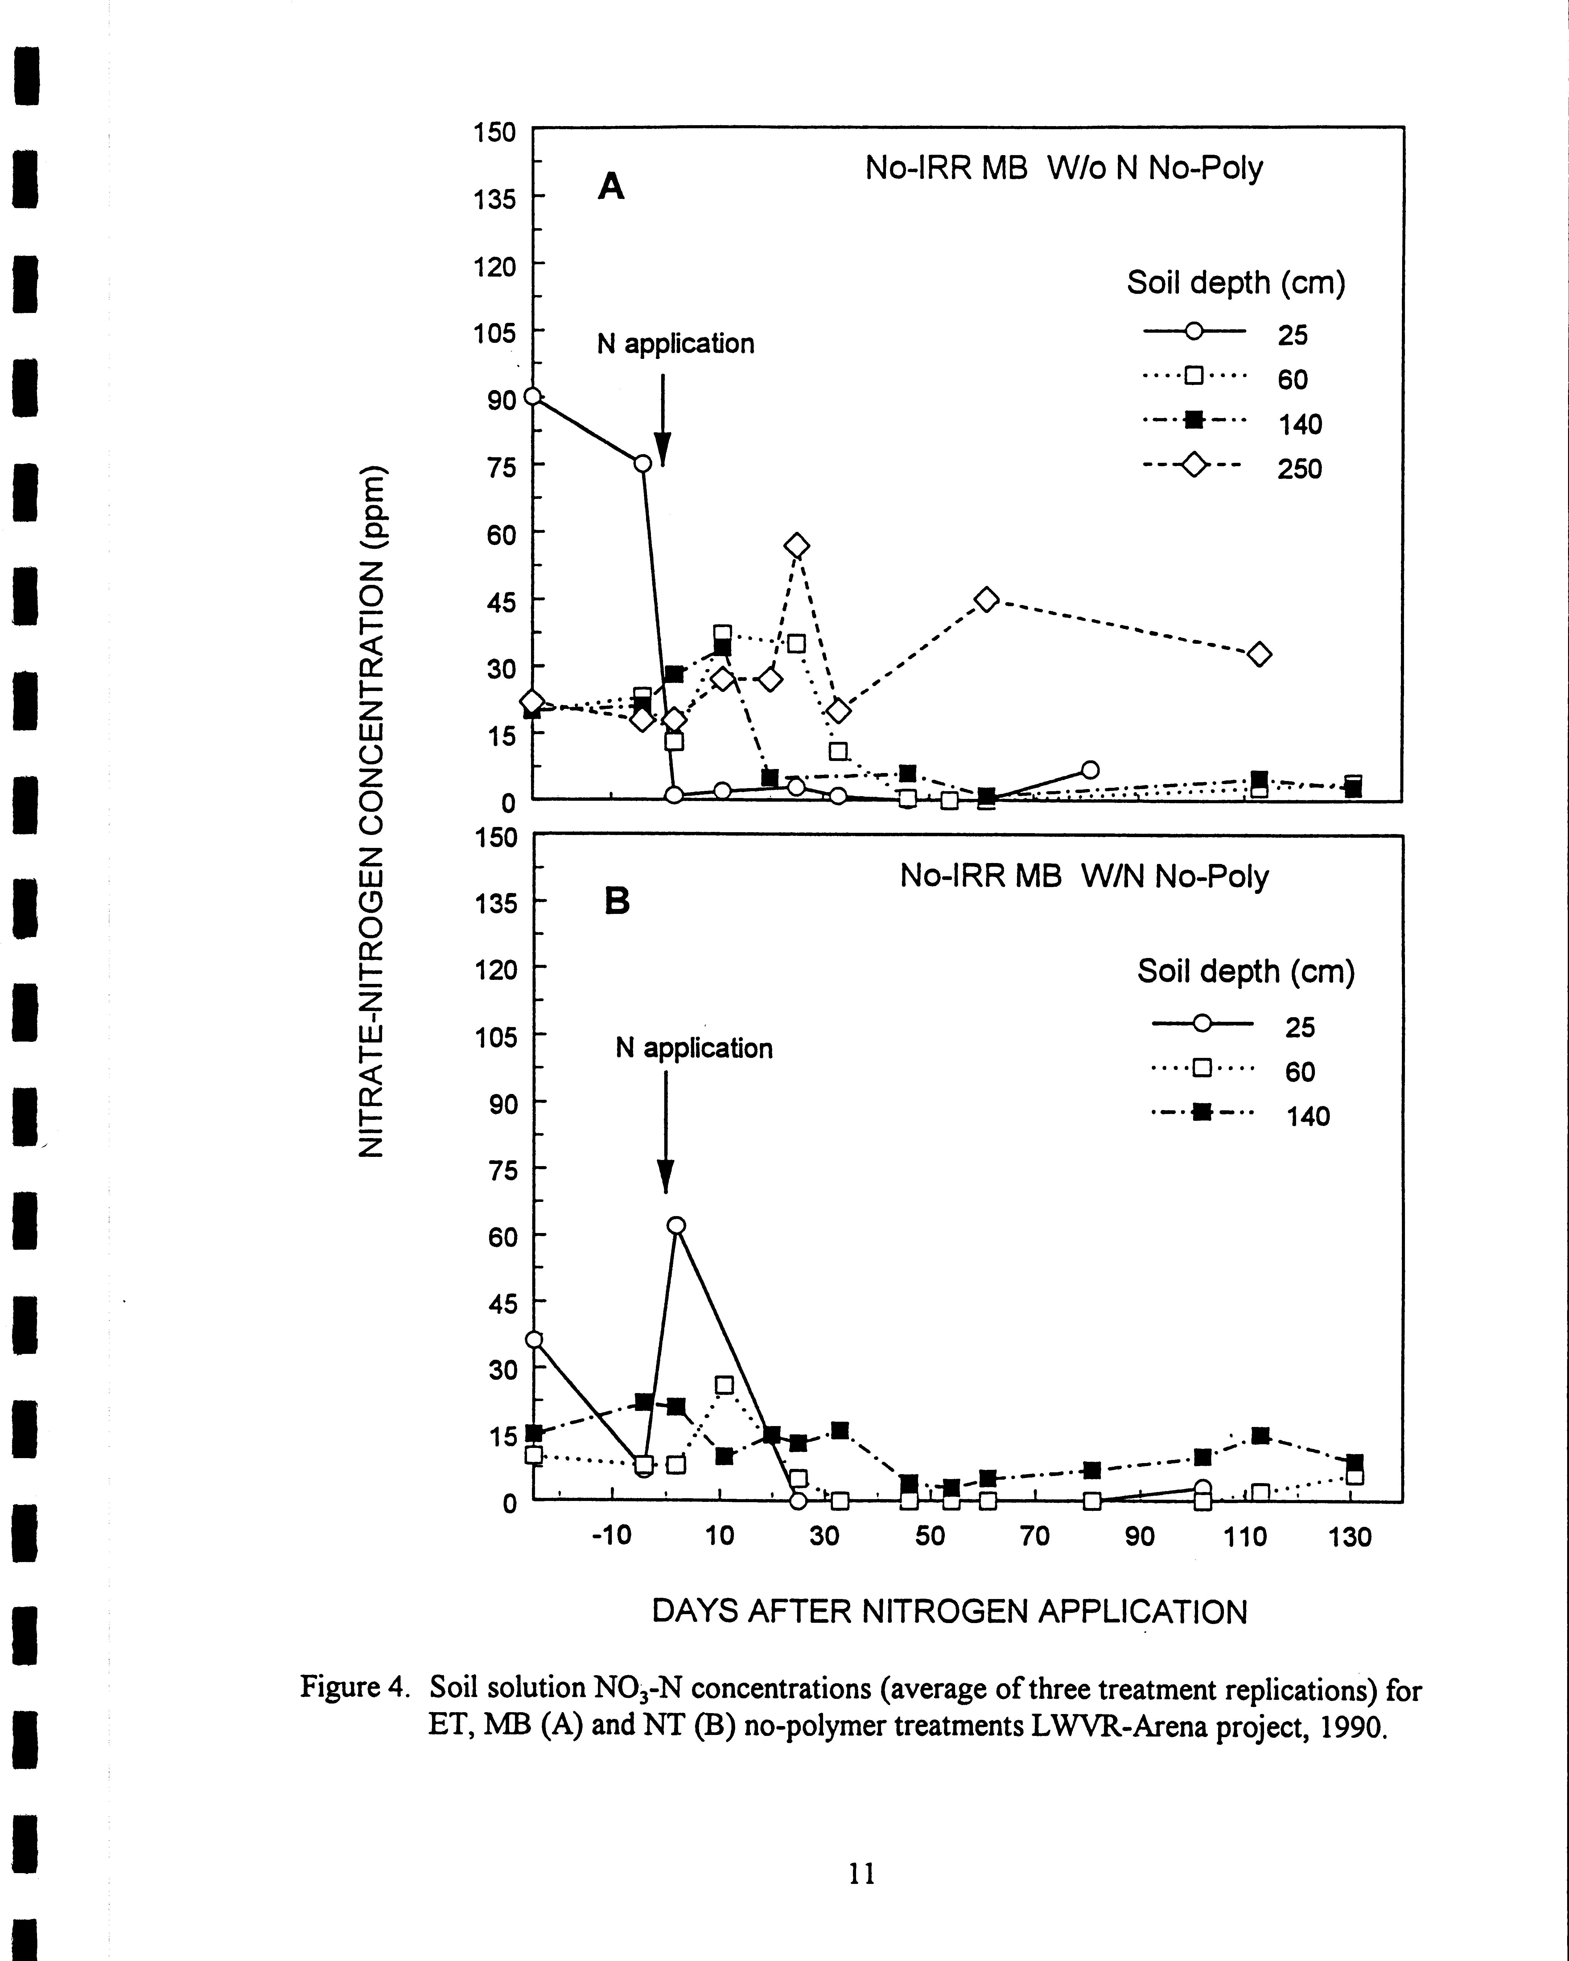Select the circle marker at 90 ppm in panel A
(533, 397)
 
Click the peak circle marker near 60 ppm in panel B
(676, 1225)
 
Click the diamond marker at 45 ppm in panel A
(987, 599)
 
